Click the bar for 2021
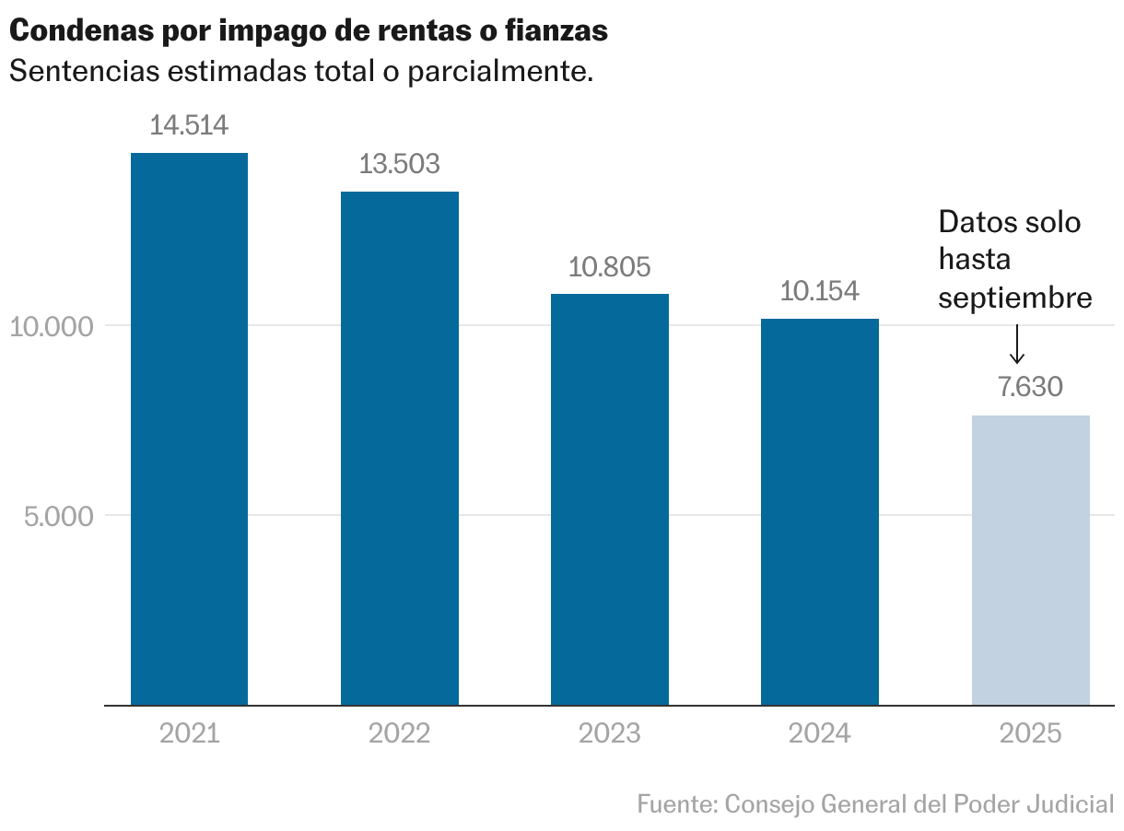(x=189, y=428)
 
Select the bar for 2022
(x=399, y=448)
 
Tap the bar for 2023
(x=609, y=499)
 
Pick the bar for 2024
(x=819, y=511)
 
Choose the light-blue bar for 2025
(x=1030, y=560)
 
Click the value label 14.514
(x=189, y=125)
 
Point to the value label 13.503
(x=399, y=164)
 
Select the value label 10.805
(x=609, y=267)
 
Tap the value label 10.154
(x=819, y=291)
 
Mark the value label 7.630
(x=1030, y=387)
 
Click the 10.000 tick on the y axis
(x=52, y=327)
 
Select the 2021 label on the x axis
(x=189, y=733)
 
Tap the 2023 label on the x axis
(x=609, y=733)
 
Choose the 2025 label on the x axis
(x=1030, y=733)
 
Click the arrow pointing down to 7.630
(x=1017, y=345)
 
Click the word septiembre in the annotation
(x=1015, y=298)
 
